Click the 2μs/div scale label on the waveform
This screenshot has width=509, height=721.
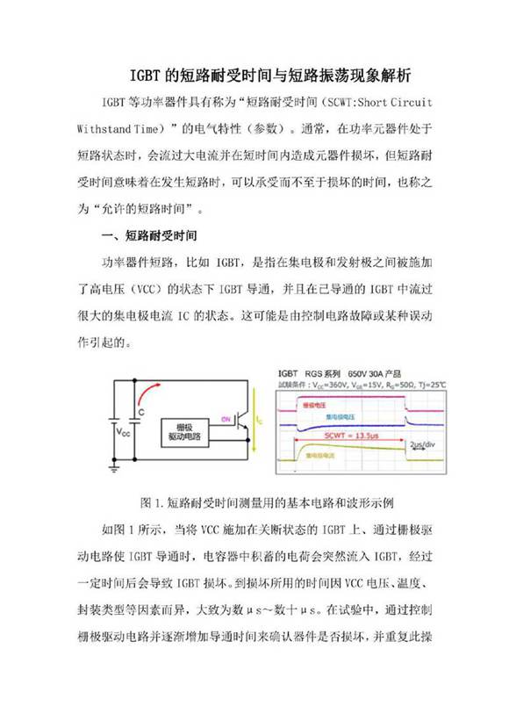coord(422,447)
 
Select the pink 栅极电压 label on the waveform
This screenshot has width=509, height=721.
coord(313,407)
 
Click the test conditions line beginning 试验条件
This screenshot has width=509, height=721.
coord(360,384)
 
